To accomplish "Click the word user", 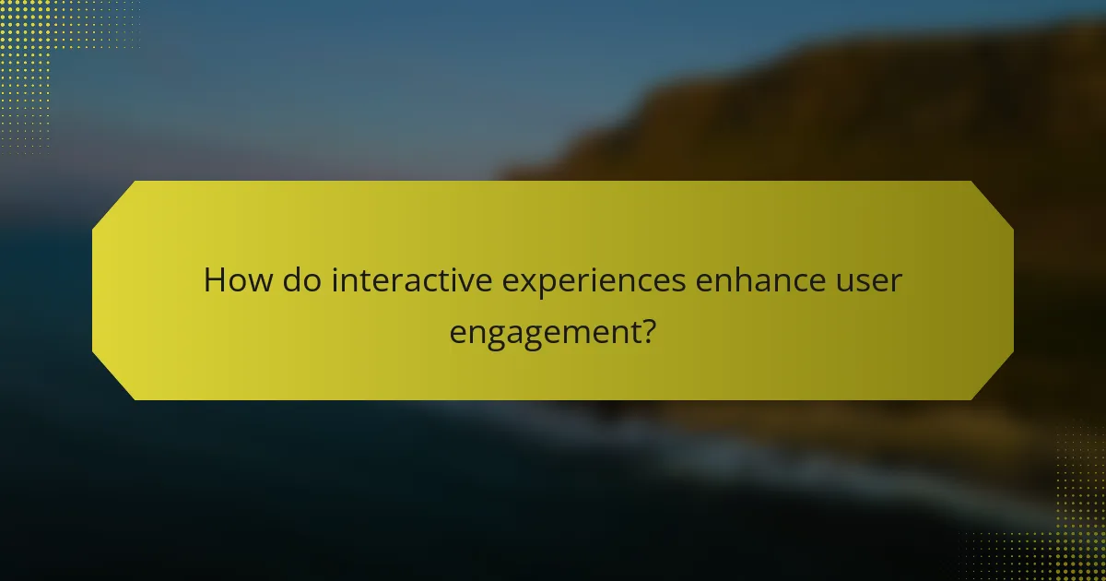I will (869, 281).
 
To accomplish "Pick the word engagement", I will (542, 332).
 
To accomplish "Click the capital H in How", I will (214, 279).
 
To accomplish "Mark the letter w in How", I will (257, 281).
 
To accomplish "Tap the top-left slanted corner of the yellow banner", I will (112, 203).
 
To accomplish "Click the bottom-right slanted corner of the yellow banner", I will (994, 378).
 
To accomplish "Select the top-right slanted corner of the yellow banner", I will (994, 203).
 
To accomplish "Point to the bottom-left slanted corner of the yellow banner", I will (112, 378).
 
